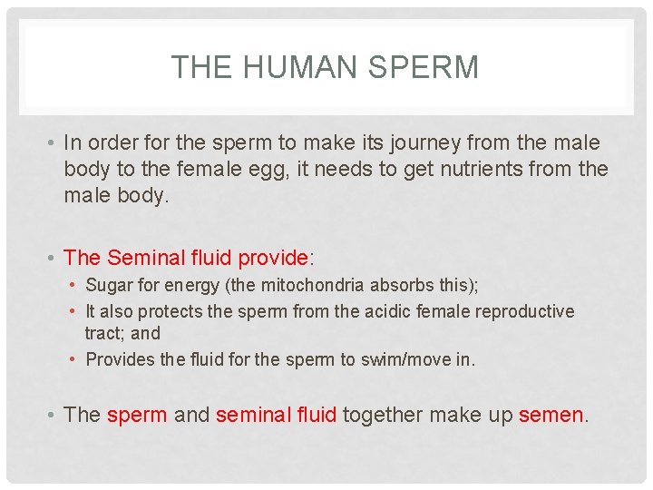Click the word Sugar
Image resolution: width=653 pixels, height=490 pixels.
[109, 286]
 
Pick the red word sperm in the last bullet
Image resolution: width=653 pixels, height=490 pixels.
[137, 416]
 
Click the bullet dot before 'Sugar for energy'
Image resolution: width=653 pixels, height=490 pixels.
[74, 286]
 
